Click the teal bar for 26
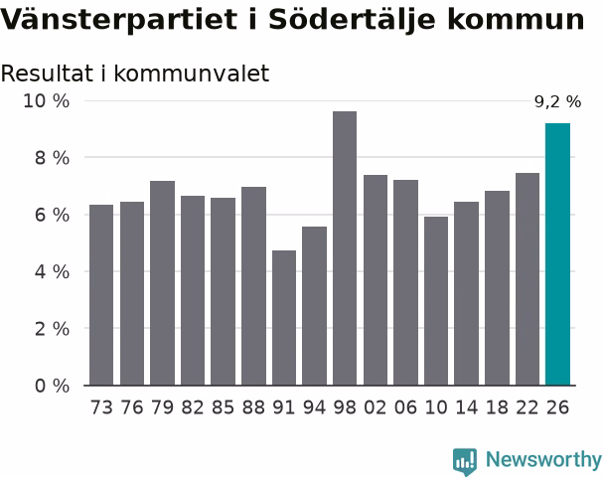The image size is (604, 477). (x=557, y=254)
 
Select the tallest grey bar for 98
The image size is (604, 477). (x=345, y=248)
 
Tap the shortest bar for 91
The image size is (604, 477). (x=284, y=318)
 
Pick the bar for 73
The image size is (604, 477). (x=101, y=295)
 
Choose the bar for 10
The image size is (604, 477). (x=436, y=301)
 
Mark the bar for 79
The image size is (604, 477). (x=162, y=283)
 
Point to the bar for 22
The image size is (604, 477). (x=528, y=279)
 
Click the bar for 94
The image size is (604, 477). (x=314, y=306)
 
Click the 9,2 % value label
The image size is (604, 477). (x=557, y=101)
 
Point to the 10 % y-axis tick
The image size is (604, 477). (x=47, y=101)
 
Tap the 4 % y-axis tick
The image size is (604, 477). (x=52, y=272)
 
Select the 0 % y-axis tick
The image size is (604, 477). (x=52, y=386)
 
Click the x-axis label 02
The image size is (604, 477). (x=376, y=407)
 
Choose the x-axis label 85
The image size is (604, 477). (x=224, y=407)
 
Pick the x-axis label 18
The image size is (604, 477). (x=497, y=407)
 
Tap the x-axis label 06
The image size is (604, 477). (x=405, y=407)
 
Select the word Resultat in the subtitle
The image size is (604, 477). (x=47, y=74)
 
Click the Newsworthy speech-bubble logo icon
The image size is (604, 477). (x=465, y=461)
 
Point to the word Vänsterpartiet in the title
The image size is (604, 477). (x=118, y=19)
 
